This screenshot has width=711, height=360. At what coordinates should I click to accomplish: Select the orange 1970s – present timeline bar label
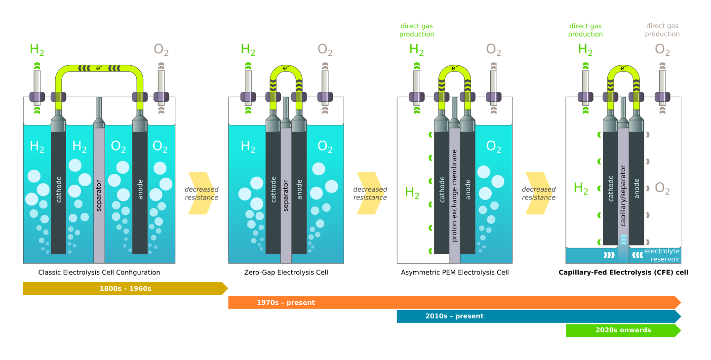click(285, 302)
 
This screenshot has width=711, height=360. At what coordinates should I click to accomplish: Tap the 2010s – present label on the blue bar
click(454, 316)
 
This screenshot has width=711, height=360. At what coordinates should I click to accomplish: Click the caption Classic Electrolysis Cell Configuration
click(99, 272)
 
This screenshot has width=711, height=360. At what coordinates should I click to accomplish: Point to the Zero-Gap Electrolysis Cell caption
click(286, 272)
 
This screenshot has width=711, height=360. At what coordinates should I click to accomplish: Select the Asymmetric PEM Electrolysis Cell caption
click(454, 272)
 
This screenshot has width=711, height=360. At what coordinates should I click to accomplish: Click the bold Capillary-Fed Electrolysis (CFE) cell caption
click(623, 272)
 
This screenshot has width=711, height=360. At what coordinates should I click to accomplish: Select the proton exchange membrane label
click(454, 195)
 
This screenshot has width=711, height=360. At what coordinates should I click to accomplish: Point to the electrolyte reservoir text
click(662, 255)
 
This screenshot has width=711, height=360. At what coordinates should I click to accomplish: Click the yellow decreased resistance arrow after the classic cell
click(201, 193)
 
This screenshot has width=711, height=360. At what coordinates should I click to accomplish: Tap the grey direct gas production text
click(662, 30)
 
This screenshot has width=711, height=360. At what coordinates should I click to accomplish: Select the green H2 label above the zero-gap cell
click(248, 49)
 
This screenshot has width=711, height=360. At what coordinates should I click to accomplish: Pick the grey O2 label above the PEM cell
click(493, 49)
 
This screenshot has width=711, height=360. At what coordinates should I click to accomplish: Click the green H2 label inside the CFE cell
click(581, 188)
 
